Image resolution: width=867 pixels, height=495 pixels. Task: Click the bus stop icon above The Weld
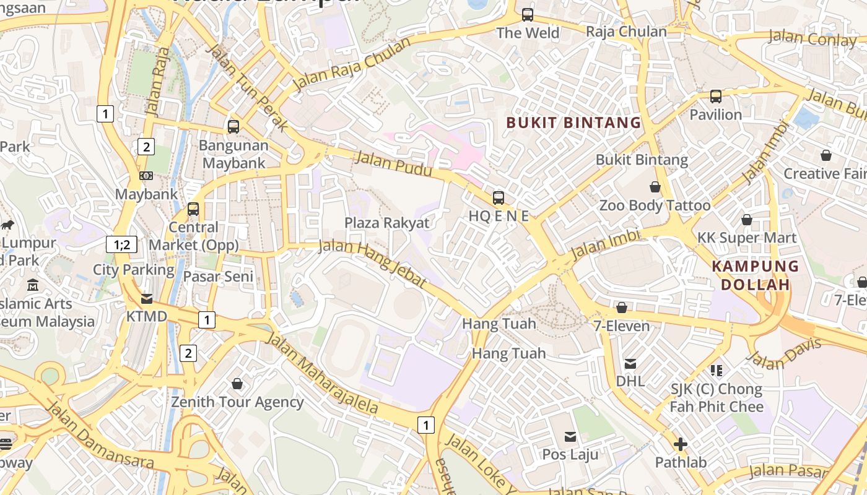pos(528,14)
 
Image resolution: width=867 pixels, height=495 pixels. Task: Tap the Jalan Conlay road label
pos(813,38)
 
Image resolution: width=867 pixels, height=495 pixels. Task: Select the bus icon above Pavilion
pos(716,97)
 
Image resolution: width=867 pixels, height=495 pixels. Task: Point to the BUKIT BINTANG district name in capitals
pos(573,123)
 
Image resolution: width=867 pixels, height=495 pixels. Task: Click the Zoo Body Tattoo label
pos(655,205)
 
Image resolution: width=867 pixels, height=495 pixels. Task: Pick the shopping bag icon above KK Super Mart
pos(747,220)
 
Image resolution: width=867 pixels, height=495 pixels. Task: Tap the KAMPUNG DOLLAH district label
pos(755,275)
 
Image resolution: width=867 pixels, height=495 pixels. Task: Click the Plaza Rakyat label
pos(387,223)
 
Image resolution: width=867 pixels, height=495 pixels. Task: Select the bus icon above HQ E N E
pos(499,198)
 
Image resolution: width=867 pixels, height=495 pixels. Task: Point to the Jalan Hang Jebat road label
pos(373,264)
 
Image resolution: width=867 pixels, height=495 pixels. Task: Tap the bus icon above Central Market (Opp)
pos(193,209)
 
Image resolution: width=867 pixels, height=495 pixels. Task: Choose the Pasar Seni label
pos(219,277)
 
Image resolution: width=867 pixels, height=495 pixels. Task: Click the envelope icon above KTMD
pos(147,299)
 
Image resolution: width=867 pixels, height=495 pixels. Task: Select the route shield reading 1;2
pos(122,244)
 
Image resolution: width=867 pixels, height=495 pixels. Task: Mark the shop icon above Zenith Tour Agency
pos(237,384)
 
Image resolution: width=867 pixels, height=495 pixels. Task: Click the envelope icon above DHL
pos(630,363)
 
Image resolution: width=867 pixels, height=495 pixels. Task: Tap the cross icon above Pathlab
pos(681,444)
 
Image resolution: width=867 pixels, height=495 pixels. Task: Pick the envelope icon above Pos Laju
pos(570,437)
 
